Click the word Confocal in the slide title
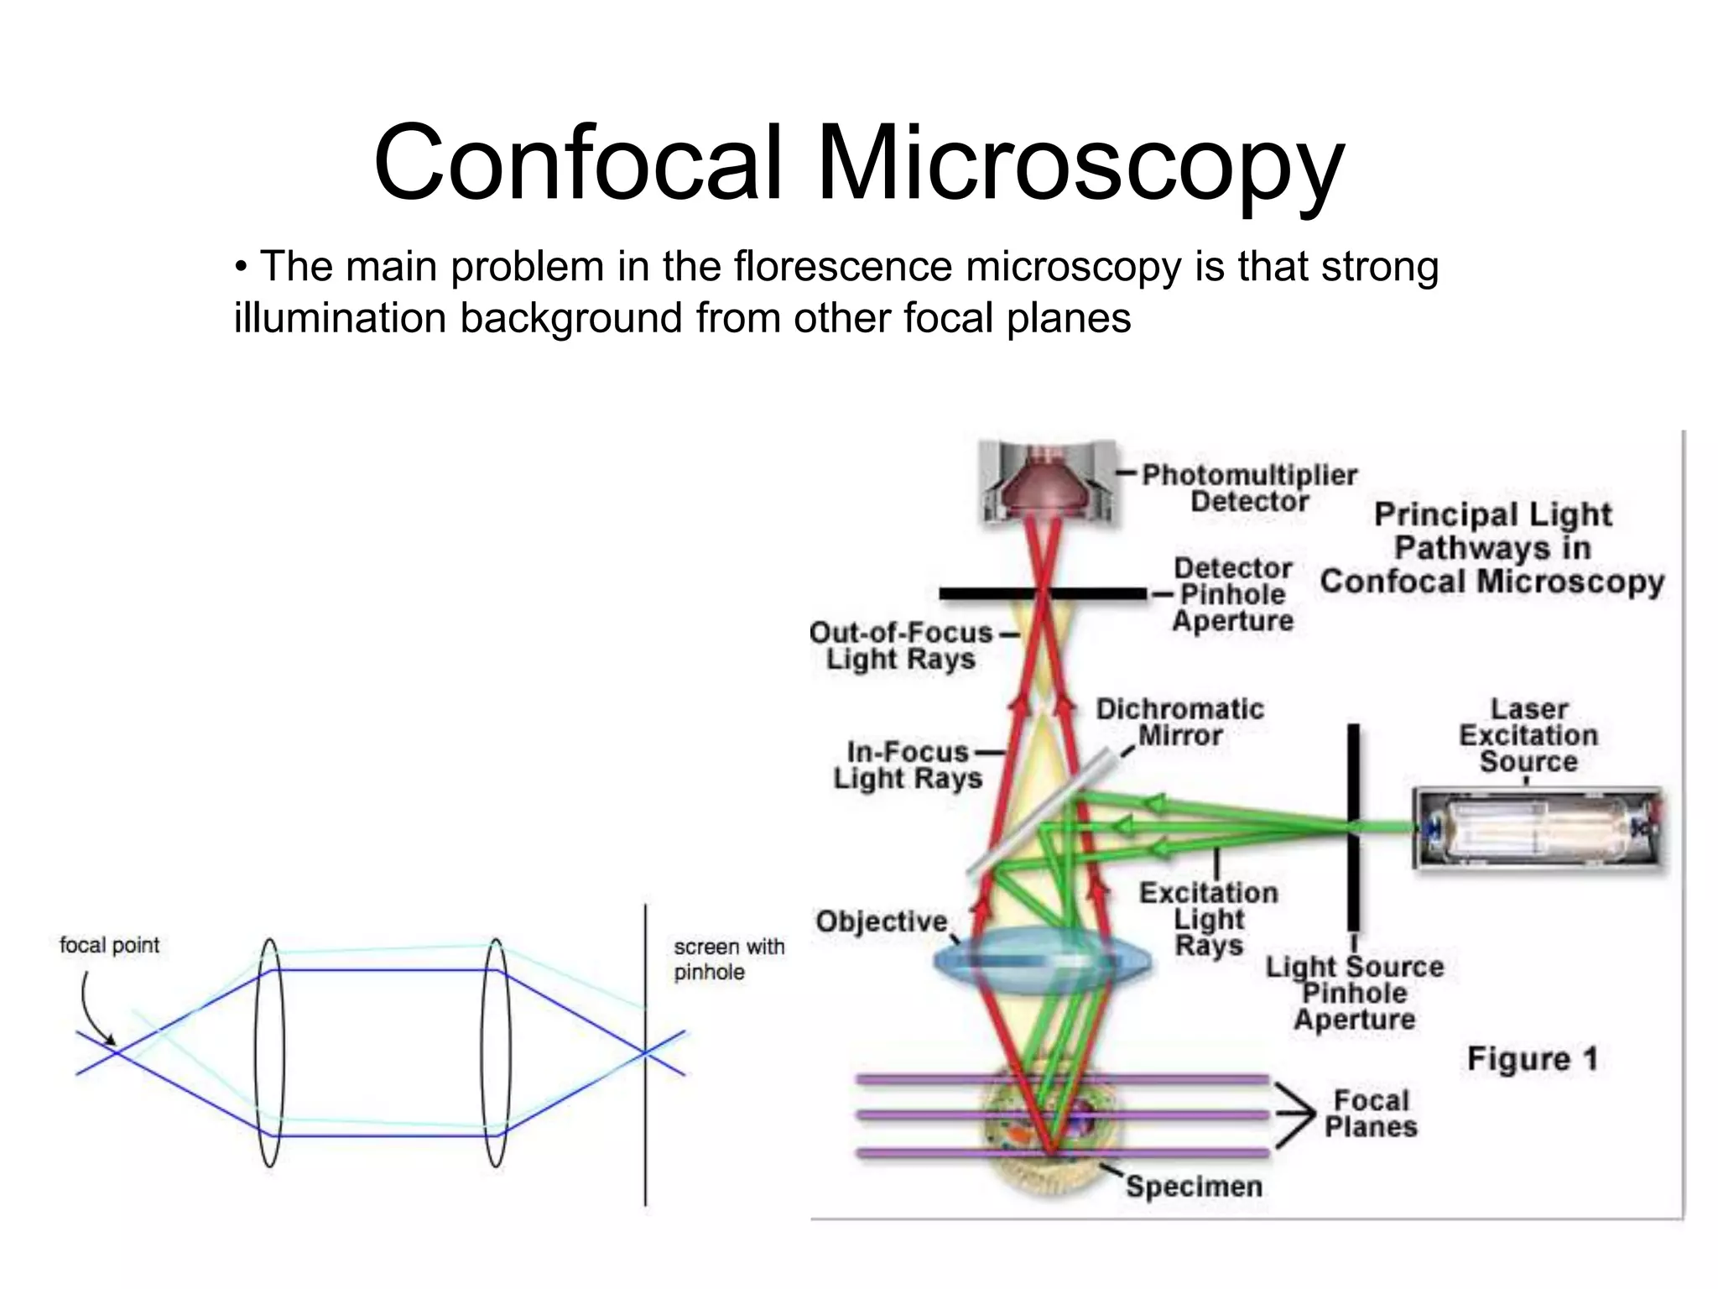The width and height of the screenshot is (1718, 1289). [579, 163]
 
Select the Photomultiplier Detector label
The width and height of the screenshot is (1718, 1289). [1249, 488]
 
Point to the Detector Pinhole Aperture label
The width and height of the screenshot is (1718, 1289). [1232, 594]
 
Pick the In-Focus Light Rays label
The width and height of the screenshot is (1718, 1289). [908, 765]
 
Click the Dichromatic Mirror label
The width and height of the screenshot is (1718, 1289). [1179, 723]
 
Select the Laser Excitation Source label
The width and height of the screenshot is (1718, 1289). [1528, 736]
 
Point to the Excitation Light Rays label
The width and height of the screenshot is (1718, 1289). [1208, 919]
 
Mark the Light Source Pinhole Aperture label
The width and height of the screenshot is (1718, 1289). [1355, 994]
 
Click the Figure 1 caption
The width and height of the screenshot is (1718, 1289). [1532, 1059]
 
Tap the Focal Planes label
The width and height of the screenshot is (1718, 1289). [1371, 1114]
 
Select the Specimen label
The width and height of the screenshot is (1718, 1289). [1193, 1187]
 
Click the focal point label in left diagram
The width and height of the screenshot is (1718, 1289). [109, 946]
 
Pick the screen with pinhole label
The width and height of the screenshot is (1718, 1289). [729, 959]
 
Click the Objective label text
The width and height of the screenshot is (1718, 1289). [881, 921]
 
